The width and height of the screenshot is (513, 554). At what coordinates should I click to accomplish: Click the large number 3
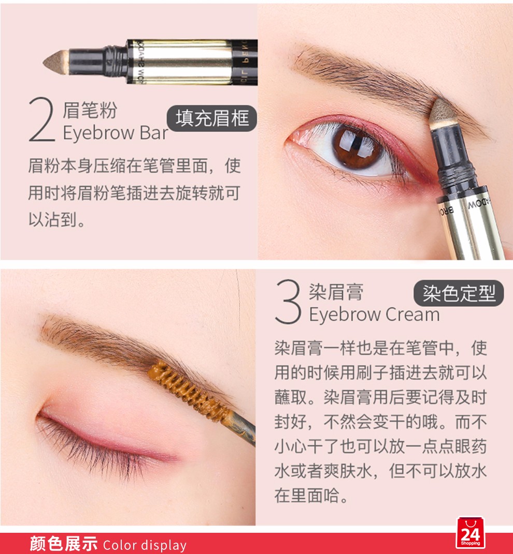pos(288,302)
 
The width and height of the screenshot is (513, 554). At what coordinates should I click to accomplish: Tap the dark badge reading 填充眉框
pos(212,118)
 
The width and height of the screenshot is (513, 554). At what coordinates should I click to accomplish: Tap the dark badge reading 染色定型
pos(459,293)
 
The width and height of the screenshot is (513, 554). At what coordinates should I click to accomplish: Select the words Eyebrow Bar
pos(116,133)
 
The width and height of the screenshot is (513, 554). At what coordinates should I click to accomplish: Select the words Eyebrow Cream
pos(374,315)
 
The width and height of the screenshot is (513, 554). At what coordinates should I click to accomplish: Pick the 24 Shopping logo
pos(471,532)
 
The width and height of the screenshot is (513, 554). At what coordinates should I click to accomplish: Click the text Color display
pos(145,545)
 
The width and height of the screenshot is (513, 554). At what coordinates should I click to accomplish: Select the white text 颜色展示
pos(64,544)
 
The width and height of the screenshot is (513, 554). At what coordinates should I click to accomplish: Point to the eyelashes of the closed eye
pos(93,445)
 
